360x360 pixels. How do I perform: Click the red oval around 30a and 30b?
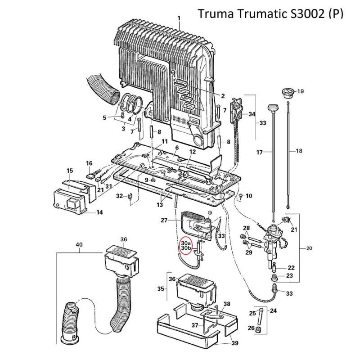pos(186,244)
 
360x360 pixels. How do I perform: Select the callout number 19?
pos(300,91)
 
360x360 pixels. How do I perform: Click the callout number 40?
pos(79,245)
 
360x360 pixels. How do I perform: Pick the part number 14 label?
pos(99,212)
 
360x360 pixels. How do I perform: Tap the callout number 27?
pos(163,220)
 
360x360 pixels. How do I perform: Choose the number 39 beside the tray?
pos(234,343)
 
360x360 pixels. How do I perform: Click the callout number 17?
pos(259,153)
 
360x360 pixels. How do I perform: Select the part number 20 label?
pos(309,247)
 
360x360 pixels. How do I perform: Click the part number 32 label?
pos(119,196)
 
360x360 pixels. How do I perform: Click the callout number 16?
pos(89,163)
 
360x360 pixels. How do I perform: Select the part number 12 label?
pos(192,152)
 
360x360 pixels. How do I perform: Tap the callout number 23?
pos(289,276)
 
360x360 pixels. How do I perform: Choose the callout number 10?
pos(249,196)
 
